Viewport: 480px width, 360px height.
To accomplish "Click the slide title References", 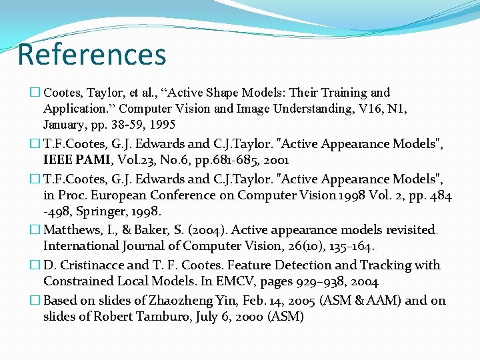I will coord(92,54).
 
